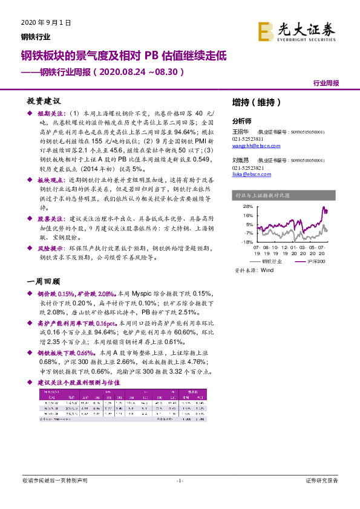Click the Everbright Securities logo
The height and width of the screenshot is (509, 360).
point(296,31)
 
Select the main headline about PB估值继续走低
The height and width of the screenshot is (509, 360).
point(123,57)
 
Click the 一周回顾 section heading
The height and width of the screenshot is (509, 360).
point(44,280)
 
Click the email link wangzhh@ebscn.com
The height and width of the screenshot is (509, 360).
point(257,146)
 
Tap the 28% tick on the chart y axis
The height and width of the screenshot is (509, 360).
point(248,207)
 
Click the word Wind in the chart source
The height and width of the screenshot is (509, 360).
point(267,271)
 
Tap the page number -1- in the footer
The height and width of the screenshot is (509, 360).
point(179,481)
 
